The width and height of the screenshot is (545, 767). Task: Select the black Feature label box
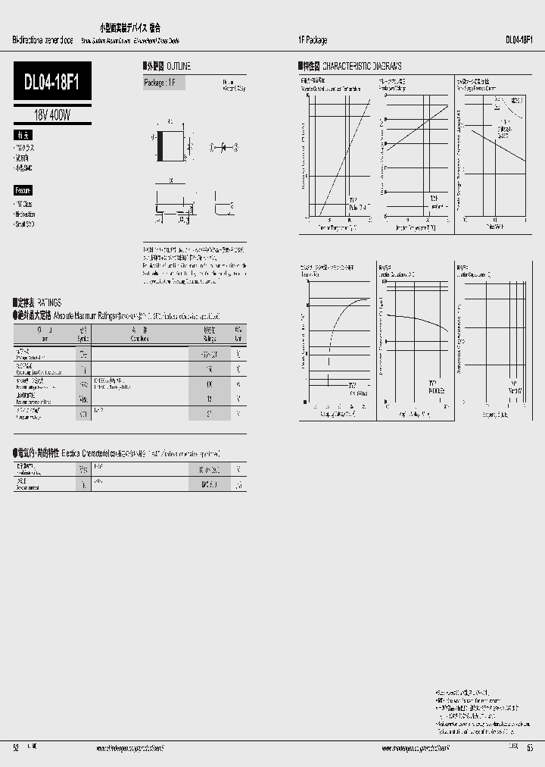(23, 190)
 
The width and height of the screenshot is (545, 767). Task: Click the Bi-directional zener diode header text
(42, 40)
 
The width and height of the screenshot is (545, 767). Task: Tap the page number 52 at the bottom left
(15, 747)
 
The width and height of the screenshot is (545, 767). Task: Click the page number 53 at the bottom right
(529, 747)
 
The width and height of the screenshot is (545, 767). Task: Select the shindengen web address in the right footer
(416, 747)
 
